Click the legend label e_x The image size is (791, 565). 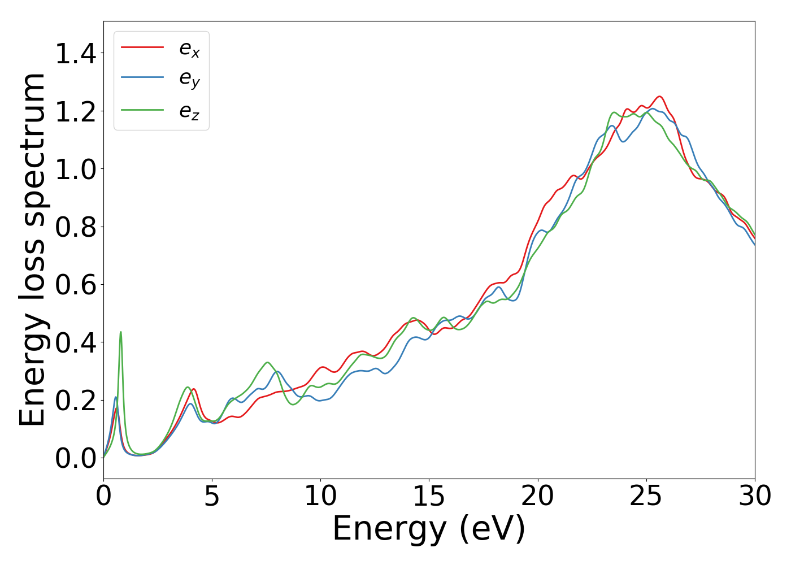[x=189, y=49]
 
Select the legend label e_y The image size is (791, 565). [x=189, y=80]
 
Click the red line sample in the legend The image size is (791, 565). [x=142, y=47]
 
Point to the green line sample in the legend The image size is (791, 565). [x=142, y=109]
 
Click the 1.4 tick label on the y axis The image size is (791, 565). [x=76, y=54]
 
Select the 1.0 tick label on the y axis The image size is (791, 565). [x=76, y=169]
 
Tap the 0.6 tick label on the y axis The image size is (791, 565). [x=76, y=285]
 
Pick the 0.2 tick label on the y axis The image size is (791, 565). [x=76, y=401]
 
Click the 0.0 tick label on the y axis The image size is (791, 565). [x=76, y=458]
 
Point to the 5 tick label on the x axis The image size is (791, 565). [x=212, y=496]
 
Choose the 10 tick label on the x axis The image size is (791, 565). [x=320, y=496]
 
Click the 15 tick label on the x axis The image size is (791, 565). [x=429, y=496]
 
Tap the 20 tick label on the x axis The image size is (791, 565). [x=537, y=496]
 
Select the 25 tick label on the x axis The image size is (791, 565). [x=646, y=496]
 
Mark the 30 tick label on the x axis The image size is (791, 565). [x=754, y=496]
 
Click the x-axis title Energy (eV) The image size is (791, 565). [x=429, y=529]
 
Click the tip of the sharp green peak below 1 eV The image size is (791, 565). [x=120, y=332]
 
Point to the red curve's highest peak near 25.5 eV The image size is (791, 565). [x=659, y=97]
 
